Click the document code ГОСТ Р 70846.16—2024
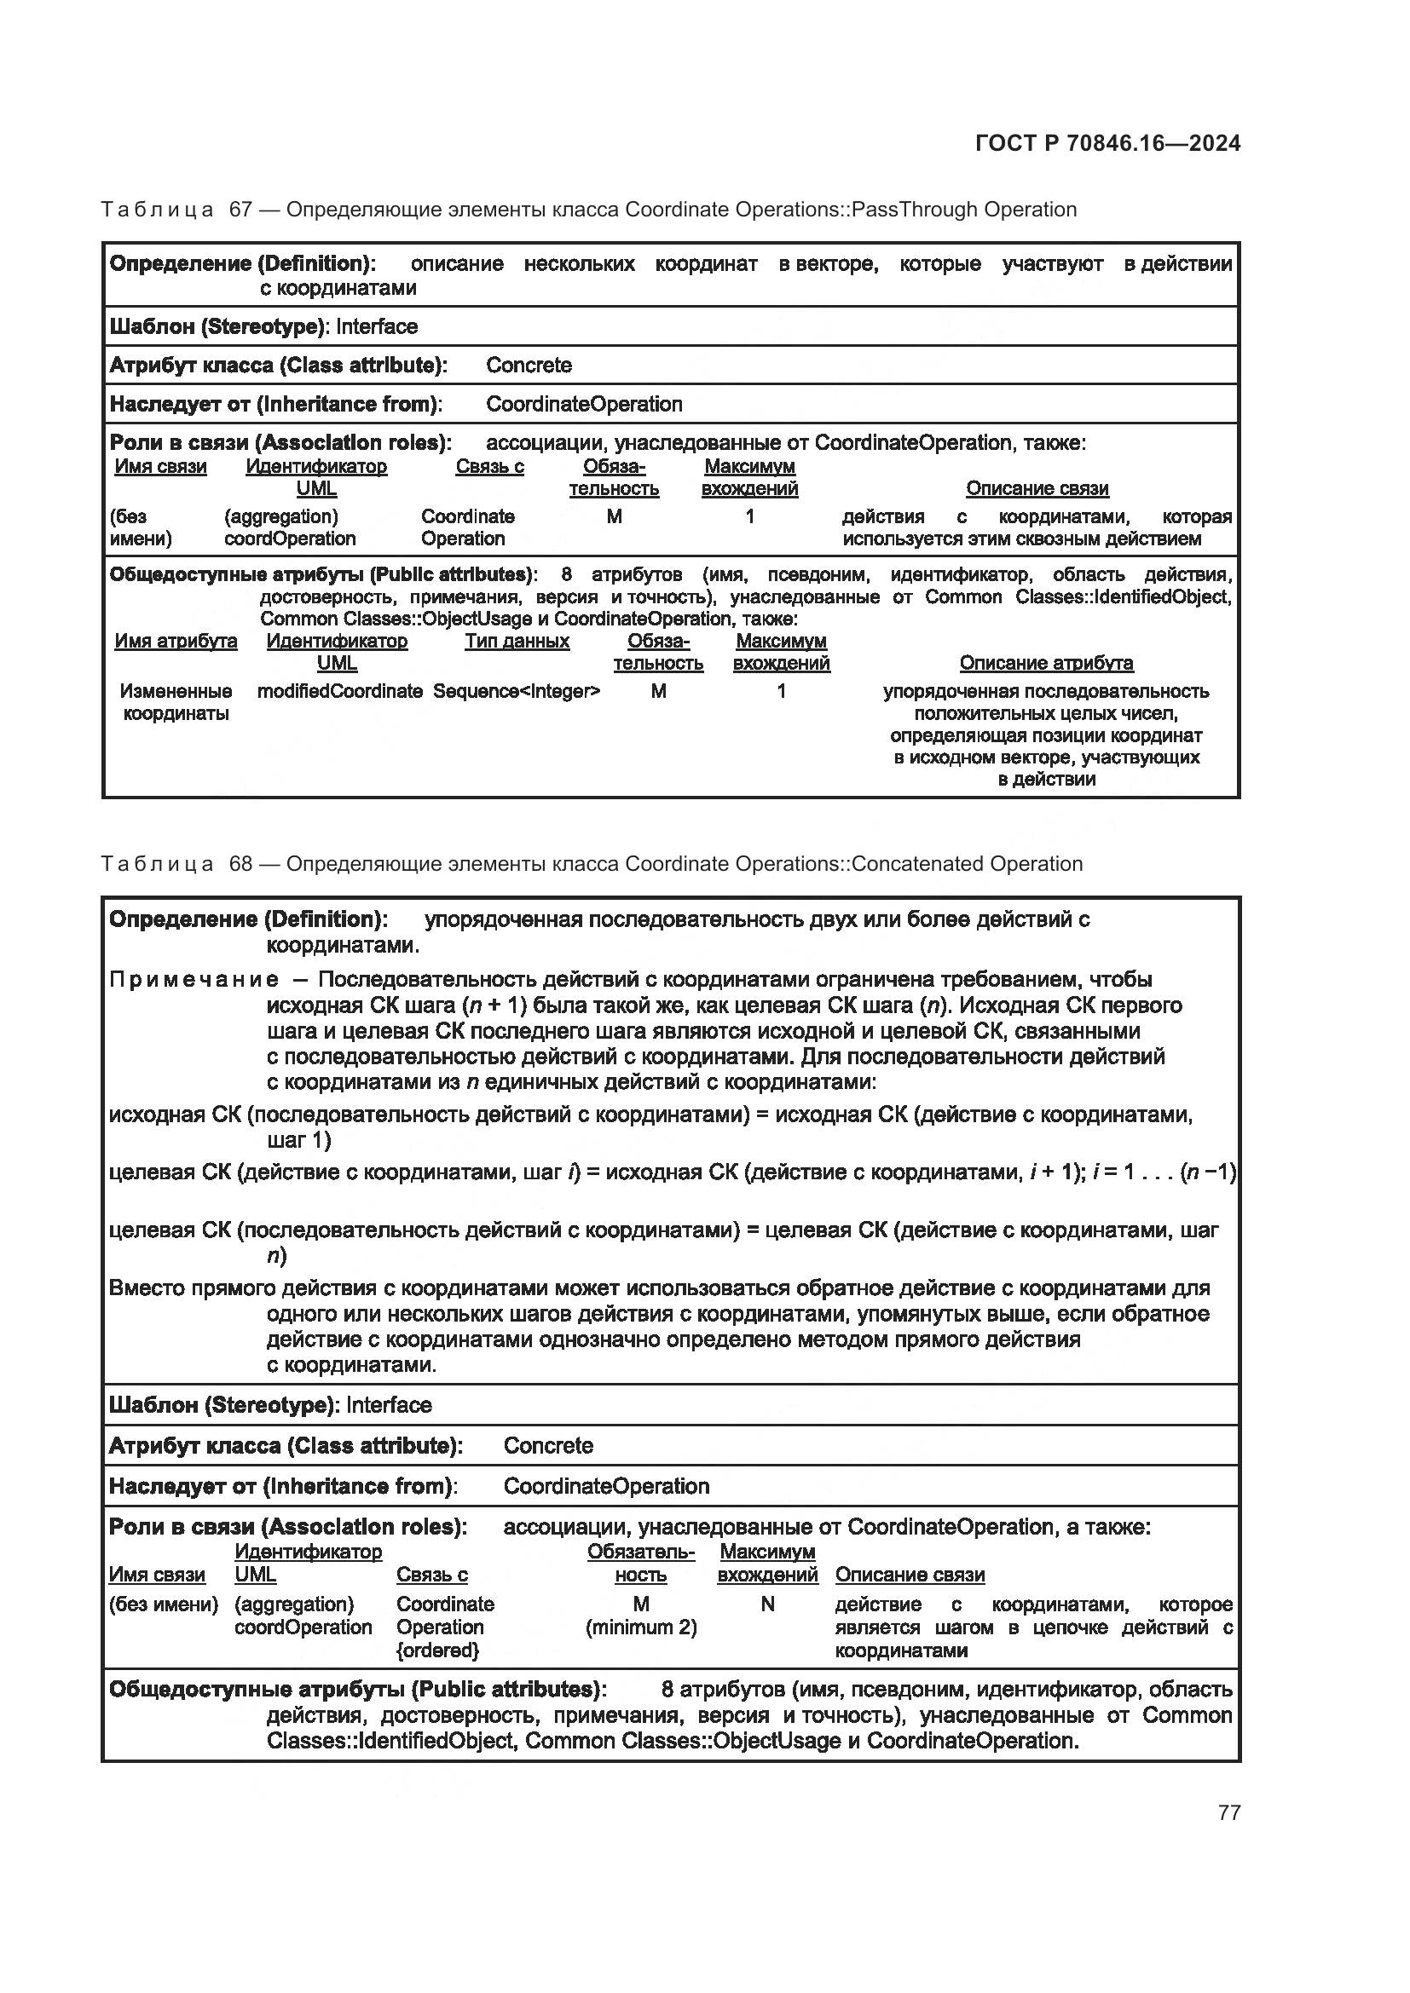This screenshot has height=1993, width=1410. point(1107,143)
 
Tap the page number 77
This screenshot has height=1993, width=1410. point(1228,1812)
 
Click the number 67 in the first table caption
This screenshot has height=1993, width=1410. point(240,210)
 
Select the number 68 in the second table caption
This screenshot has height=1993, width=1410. point(240,864)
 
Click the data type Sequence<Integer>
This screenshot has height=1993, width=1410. point(517,691)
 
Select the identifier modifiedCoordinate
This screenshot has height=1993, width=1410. point(339,691)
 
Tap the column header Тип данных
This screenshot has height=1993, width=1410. point(517,641)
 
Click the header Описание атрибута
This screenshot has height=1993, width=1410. point(1045,662)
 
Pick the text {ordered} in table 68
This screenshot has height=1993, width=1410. point(437,1650)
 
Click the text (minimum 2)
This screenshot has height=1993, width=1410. point(641,1627)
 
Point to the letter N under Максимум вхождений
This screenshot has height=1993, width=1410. point(766,1604)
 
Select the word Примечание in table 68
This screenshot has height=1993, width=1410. point(194,980)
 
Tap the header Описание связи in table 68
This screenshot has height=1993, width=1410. point(909,1575)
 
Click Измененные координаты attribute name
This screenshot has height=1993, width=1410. point(176,702)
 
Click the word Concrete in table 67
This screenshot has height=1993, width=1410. point(529,365)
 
